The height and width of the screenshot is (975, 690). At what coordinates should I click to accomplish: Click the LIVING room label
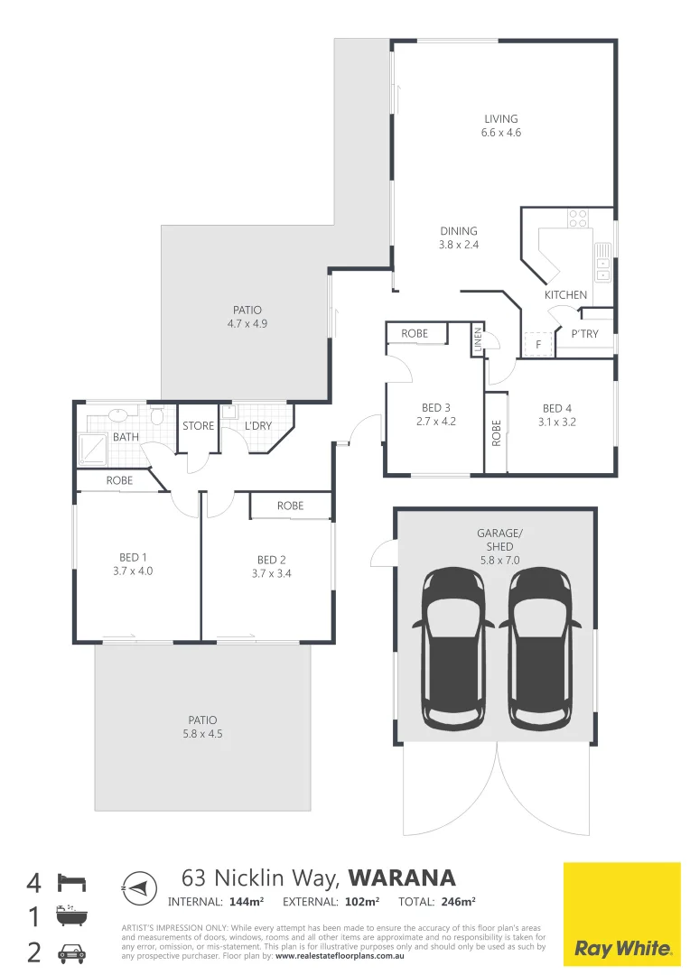500,118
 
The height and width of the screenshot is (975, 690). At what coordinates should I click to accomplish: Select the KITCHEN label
565,295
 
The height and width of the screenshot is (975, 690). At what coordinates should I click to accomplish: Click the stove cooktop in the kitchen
577,218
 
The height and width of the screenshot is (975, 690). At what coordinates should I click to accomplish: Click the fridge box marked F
538,344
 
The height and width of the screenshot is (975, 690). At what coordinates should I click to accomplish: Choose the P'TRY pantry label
584,334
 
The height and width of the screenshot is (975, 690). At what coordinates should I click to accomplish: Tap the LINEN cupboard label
477,341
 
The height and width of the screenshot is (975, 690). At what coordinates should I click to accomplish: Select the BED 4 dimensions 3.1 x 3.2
557,422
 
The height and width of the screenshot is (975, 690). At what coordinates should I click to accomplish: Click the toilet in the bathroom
156,416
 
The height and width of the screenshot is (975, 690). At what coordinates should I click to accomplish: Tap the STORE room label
198,426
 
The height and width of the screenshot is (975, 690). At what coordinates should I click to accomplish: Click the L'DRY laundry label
257,426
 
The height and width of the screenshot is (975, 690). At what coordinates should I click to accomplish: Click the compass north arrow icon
136,887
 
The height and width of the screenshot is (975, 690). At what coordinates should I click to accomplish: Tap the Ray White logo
622,914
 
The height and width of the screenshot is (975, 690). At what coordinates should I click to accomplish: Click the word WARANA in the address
402,877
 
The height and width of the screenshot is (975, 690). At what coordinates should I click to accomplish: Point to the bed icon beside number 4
70,881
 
